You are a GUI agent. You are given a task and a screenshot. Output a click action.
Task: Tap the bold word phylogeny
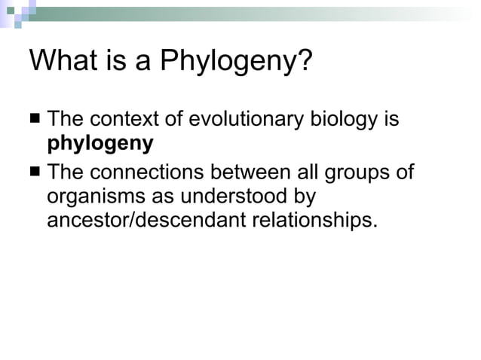(x=100, y=144)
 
